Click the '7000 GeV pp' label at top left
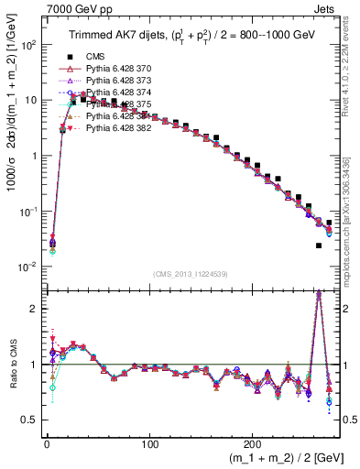[38, 8]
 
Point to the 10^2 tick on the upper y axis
[27, 44]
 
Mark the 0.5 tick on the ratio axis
[28, 420]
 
